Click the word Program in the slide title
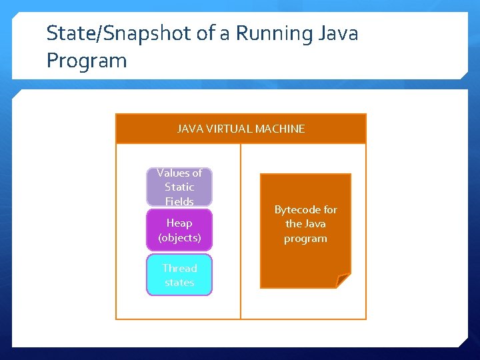pos(87,61)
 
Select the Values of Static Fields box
pos(179,187)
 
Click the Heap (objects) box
pos(179,230)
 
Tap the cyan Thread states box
pos(179,275)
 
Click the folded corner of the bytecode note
pos(343,281)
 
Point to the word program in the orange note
pos(305,238)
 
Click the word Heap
pos(179,223)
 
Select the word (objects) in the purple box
pos(179,237)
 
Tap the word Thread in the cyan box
pos(179,268)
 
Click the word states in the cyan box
pos(179,282)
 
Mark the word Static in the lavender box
pos(179,187)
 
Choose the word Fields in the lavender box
pos(179,201)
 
